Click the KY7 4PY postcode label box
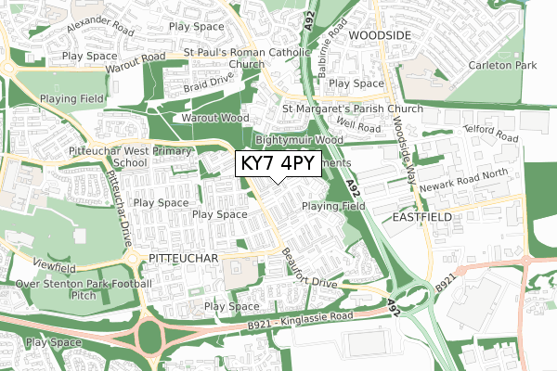[278, 164]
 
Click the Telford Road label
[491, 135]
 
